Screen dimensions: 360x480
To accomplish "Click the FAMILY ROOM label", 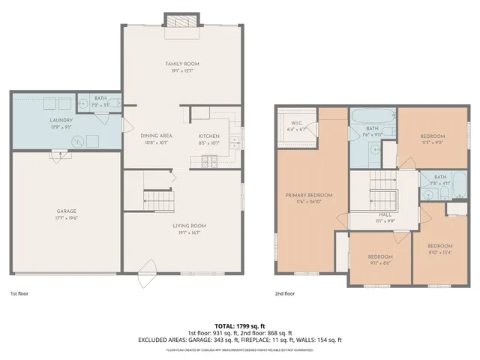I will click(x=182, y=64).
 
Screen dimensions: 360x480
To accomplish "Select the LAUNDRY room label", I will click(x=40, y=120).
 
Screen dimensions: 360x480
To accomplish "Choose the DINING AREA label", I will click(x=157, y=136).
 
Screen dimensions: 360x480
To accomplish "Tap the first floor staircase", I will click(x=158, y=200).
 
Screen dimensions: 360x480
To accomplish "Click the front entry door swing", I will click(x=147, y=268).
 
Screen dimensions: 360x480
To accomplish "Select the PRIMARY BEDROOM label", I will click(x=308, y=195).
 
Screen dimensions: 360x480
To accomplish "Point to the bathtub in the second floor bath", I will click(x=371, y=117).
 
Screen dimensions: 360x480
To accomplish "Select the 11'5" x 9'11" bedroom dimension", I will click(x=432, y=141).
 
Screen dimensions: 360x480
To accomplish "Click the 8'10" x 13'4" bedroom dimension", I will click(x=439, y=251).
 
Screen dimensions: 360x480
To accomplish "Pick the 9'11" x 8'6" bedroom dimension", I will click(x=380, y=262).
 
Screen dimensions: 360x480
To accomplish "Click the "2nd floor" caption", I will click(x=284, y=294).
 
